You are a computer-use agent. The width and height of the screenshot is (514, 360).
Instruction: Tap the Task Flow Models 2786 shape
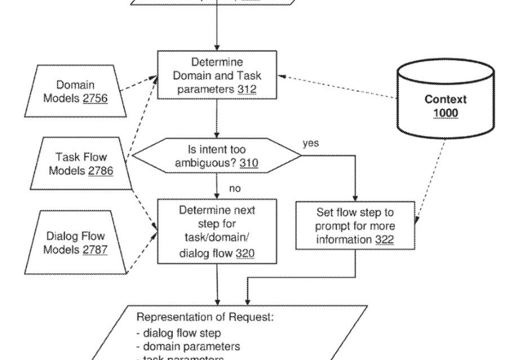pos(81,163)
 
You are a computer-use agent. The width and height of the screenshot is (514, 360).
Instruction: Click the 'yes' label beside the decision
pos(311,143)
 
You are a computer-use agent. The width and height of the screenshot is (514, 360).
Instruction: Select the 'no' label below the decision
pos(235,189)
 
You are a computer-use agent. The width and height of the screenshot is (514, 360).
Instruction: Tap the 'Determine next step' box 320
pos(217,231)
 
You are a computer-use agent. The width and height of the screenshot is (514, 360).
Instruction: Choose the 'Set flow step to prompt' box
pos(355,226)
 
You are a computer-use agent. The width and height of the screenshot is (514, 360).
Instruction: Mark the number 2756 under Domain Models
pos(95,98)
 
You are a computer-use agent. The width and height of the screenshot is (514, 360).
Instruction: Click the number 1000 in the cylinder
pos(445,114)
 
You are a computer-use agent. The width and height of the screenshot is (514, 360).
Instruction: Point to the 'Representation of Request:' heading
pos(205,317)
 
